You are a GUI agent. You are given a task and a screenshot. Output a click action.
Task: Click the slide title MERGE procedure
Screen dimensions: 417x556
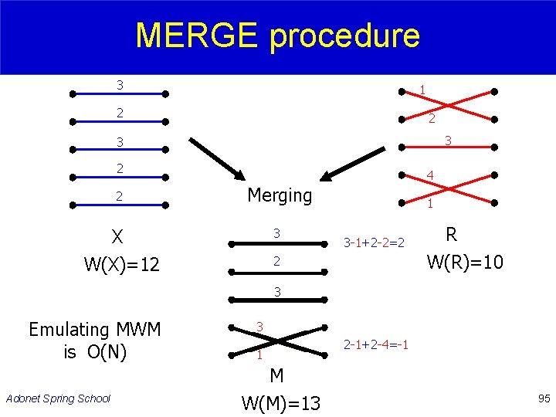(x=277, y=36)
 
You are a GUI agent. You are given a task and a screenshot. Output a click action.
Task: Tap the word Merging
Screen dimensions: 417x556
(x=280, y=195)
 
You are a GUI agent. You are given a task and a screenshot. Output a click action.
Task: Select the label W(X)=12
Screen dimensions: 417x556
(x=121, y=265)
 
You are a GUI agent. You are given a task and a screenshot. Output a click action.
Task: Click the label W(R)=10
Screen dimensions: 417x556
(x=465, y=262)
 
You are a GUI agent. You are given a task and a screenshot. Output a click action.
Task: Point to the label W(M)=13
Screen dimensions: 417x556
(x=280, y=402)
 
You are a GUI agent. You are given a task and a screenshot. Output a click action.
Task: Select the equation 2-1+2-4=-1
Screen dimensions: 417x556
(x=376, y=343)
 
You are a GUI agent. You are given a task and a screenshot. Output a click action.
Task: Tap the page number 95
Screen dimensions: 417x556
(x=544, y=398)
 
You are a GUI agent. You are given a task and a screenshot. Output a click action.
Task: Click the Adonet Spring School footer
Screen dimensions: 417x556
(x=58, y=398)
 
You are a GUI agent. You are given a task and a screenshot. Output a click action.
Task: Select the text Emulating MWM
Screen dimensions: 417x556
(x=94, y=330)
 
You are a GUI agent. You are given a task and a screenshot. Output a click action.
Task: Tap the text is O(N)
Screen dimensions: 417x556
(x=94, y=353)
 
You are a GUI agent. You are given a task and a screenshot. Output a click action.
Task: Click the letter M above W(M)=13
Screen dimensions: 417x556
(x=276, y=375)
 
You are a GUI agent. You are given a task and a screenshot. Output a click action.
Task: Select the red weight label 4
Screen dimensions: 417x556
(x=429, y=176)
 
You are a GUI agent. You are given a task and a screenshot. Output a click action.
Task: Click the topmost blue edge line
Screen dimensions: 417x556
(x=119, y=94)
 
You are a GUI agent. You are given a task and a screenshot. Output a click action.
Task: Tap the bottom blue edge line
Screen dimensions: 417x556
(x=119, y=205)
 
